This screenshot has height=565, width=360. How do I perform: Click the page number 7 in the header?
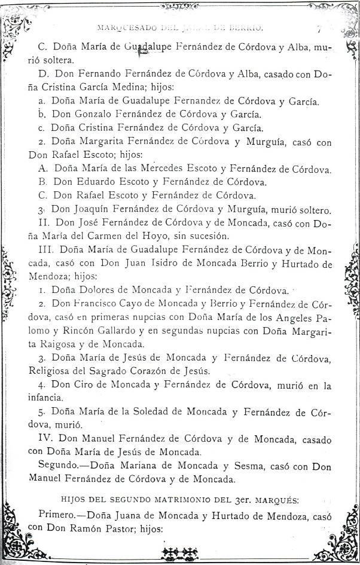[x=319, y=28]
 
